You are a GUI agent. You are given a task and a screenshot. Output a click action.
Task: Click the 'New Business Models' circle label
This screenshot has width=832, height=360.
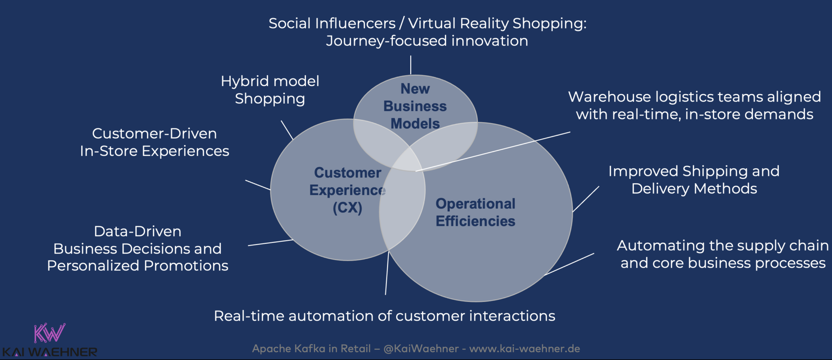(x=415, y=106)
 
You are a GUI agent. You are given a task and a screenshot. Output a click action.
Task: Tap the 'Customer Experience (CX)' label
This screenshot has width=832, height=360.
(x=347, y=190)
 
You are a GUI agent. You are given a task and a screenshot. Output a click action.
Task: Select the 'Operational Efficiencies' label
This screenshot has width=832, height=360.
(x=475, y=212)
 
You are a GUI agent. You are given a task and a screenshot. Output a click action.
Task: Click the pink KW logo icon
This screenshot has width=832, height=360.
(x=49, y=333)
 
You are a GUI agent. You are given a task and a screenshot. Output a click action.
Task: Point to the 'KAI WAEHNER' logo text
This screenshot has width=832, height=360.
(x=50, y=352)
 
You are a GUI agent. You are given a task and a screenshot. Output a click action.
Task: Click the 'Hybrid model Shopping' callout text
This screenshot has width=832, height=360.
(x=270, y=90)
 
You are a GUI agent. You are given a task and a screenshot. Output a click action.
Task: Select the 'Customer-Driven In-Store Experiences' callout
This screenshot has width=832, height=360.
(x=154, y=142)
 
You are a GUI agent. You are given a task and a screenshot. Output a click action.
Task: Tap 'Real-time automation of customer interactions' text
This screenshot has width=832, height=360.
(x=384, y=316)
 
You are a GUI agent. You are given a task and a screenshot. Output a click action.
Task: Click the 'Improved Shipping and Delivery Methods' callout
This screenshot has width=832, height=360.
(x=694, y=180)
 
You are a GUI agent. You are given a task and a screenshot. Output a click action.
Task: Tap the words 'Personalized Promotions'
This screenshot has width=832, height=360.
(x=138, y=265)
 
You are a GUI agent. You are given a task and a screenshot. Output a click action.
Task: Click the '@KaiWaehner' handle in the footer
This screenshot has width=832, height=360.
(x=421, y=349)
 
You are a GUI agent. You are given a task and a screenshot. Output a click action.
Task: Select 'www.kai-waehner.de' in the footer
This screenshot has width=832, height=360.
(x=524, y=349)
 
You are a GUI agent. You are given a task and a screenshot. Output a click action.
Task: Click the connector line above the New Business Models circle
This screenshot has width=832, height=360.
(x=411, y=65)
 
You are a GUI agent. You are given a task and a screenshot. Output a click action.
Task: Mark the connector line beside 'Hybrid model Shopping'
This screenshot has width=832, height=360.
(x=287, y=130)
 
